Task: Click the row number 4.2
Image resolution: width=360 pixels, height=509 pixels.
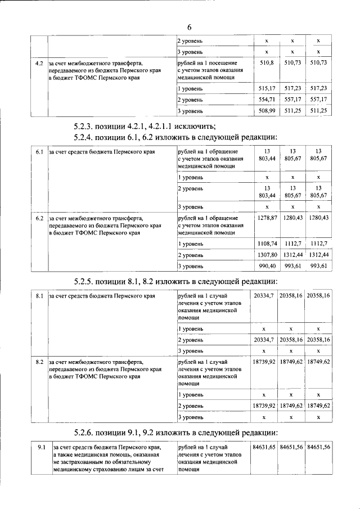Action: point(39,62)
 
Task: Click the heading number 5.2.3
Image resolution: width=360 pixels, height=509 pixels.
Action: point(87,125)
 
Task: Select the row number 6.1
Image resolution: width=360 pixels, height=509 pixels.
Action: point(39,152)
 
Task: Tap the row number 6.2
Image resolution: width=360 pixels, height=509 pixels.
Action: point(39,217)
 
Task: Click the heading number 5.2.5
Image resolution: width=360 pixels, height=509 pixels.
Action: point(87,281)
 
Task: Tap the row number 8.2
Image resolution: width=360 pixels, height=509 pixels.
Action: point(39,361)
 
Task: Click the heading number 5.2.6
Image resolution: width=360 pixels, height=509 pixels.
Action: point(87,433)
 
